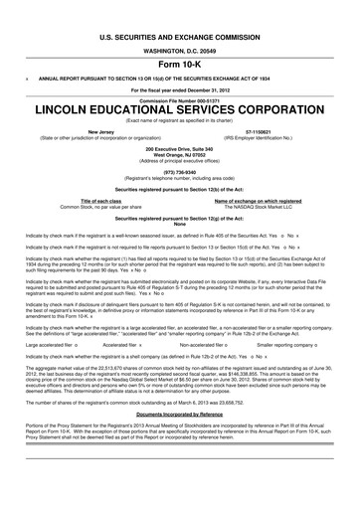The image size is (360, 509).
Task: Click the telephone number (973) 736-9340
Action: pyautogui.click(x=179, y=170)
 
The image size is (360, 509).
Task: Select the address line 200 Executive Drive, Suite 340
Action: pyautogui.click(x=179, y=148)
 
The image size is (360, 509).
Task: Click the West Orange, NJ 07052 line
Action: pyautogui.click(x=179, y=154)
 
